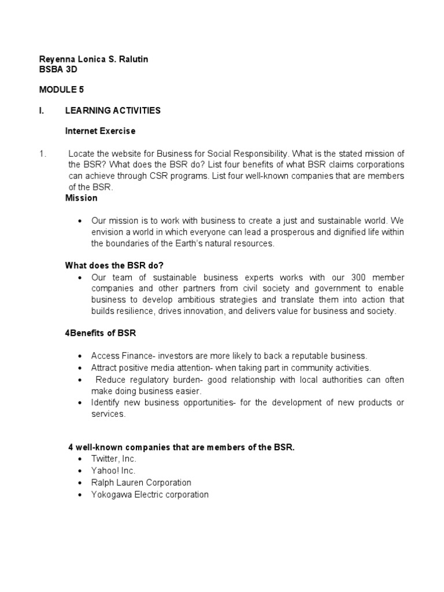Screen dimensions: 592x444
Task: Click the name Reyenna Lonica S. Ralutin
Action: [x=93, y=60]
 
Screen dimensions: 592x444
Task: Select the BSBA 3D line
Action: [x=58, y=69]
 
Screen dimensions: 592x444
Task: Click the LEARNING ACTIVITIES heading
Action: [x=113, y=110]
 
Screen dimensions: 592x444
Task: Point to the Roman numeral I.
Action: [x=41, y=110]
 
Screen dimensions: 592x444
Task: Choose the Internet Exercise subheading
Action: [x=101, y=131]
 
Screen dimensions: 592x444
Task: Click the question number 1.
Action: [x=42, y=153]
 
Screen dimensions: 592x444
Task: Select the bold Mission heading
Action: [x=82, y=198]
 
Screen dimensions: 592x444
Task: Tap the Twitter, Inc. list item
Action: [x=113, y=458]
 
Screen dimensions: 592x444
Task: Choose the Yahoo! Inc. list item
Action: [x=113, y=471]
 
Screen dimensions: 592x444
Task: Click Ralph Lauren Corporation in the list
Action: [x=141, y=482]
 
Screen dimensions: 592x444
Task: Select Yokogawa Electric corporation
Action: [x=150, y=494]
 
